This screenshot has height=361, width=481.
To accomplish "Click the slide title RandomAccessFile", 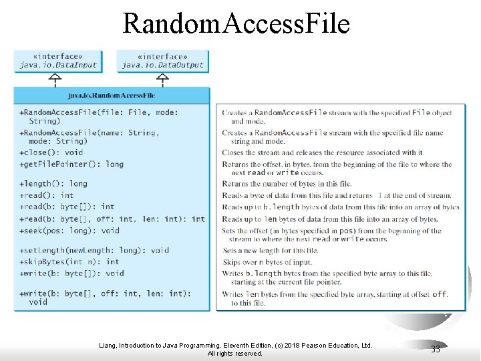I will click(236, 23).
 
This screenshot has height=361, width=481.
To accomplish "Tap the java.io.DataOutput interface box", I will click(162, 61).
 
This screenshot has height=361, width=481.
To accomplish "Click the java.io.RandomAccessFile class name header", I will click(112, 96).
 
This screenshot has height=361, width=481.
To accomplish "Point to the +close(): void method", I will click(51, 152).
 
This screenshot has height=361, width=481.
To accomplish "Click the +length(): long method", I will click(53, 184).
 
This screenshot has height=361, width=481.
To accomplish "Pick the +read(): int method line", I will click(47, 195).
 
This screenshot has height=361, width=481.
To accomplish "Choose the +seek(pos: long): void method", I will click(69, 231).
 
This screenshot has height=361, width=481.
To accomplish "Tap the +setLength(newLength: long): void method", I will click(94, 250).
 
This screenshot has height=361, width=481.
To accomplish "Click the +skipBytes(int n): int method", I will click(69, 261).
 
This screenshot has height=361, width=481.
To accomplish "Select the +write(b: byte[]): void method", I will click(72, 273).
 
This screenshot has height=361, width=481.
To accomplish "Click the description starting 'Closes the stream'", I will click(323, 152).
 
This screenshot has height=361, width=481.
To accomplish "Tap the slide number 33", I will click(436, 349).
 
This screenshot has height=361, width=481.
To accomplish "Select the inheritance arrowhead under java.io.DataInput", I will click(55, 76).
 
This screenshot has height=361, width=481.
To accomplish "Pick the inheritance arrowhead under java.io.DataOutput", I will click(162, 76).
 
